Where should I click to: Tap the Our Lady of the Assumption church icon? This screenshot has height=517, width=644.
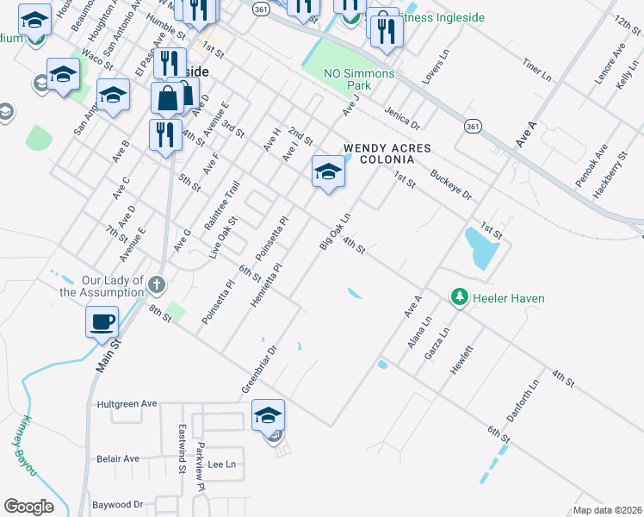tap(156, 284)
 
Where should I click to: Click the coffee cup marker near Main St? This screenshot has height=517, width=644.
tap(102, 322)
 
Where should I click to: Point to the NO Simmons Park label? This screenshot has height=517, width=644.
tap(358, 79)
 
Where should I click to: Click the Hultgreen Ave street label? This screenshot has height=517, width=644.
tap(127, 403)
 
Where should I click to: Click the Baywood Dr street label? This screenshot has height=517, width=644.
tap(117, 504)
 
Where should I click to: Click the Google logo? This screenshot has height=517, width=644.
tap(29, 507)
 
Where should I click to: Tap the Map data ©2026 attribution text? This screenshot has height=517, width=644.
tap(606, 510)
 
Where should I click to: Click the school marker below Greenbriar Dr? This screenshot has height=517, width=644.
tap(268, 416)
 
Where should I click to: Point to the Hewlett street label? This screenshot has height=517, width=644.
tap(462, 358)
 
